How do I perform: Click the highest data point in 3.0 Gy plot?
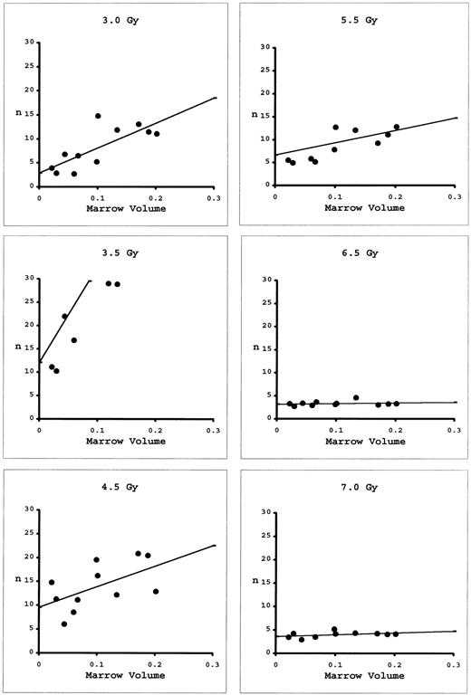point(98,116)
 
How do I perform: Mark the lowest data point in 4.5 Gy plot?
point(64,624)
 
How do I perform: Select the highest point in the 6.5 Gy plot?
point(356,397)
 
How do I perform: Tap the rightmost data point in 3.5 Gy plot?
point(118,284)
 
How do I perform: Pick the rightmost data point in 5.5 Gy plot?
point(396,127)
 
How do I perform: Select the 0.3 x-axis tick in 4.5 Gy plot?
point(214,662)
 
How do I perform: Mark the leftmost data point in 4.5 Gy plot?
point(52,583)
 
